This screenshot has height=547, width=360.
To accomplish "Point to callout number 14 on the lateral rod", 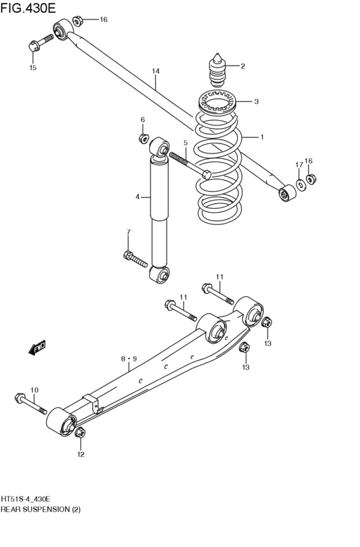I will (x=155, y=71).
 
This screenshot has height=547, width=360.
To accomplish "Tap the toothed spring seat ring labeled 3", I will (x=216, y=102).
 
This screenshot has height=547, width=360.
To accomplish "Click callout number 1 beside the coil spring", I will (x=262, y=137).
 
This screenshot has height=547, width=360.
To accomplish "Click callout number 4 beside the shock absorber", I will (x=137, y=197).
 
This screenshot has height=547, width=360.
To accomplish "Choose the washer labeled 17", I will (x=300, y=186).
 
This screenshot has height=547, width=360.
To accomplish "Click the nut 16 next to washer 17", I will (x=310, y=179).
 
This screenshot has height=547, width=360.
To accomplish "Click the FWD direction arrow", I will (x=37, y=348).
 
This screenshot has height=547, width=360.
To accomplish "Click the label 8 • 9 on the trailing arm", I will (x=127, y=359).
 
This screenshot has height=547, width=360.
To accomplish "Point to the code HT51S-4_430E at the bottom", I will (x=26, y=499).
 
